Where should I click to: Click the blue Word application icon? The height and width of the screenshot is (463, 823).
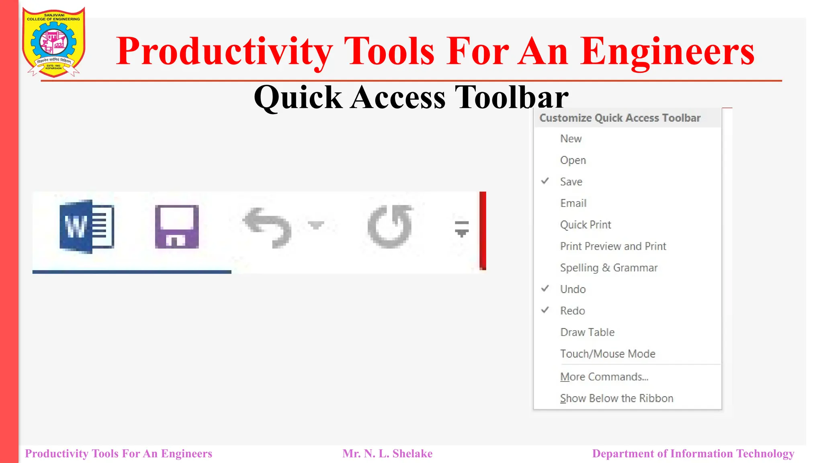86,226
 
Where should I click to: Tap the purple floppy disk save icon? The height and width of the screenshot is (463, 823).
177,226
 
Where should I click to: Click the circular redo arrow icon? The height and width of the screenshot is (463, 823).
390,226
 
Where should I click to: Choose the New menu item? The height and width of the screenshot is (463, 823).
571,139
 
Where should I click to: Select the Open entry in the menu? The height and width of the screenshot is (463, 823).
573,160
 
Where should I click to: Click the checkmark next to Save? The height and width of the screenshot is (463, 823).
545,181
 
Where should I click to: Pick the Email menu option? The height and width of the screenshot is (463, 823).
573,203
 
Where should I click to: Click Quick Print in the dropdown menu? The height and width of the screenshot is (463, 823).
586,225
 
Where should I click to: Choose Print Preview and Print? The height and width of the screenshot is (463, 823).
613,246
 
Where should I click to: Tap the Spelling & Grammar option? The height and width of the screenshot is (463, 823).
608,268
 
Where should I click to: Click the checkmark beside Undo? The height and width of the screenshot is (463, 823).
545,289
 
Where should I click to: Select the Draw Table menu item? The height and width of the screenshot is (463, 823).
587,332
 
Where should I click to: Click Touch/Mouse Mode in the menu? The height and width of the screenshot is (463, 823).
607,354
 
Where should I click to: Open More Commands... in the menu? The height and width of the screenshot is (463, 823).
604,377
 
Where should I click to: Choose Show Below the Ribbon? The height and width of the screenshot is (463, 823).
616,398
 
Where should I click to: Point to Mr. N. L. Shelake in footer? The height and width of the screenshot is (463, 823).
387,454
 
